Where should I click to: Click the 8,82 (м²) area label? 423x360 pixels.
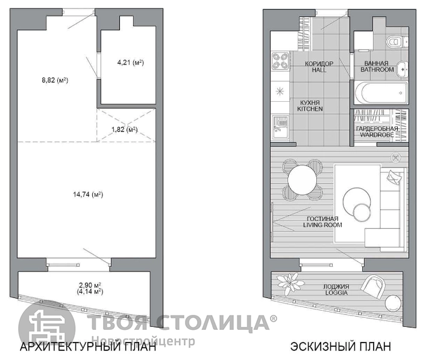click(55, 80)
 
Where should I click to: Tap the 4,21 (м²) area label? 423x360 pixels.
click(131, 63)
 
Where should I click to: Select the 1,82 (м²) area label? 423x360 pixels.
click(125, 129)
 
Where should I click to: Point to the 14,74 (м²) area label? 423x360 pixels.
click(88, 194)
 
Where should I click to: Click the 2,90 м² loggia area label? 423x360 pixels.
click(90, 285)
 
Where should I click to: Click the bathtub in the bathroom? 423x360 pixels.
click(381, 92)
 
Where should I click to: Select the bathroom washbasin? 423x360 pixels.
click(403, 69)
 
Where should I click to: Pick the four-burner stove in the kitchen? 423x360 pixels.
click(280, 61)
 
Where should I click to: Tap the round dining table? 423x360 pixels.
click(302, 179)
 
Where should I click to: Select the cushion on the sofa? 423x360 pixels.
click(394, 178)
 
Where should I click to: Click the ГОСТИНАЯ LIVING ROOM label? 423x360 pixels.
click(322, 222)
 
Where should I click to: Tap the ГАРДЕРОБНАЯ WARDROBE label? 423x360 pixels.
click(377, 131)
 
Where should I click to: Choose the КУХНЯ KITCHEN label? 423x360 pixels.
click(310, 106)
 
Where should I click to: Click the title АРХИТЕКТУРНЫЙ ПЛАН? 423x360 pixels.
click(88, 347)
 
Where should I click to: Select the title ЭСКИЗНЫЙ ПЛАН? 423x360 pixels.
click(340, 347)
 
